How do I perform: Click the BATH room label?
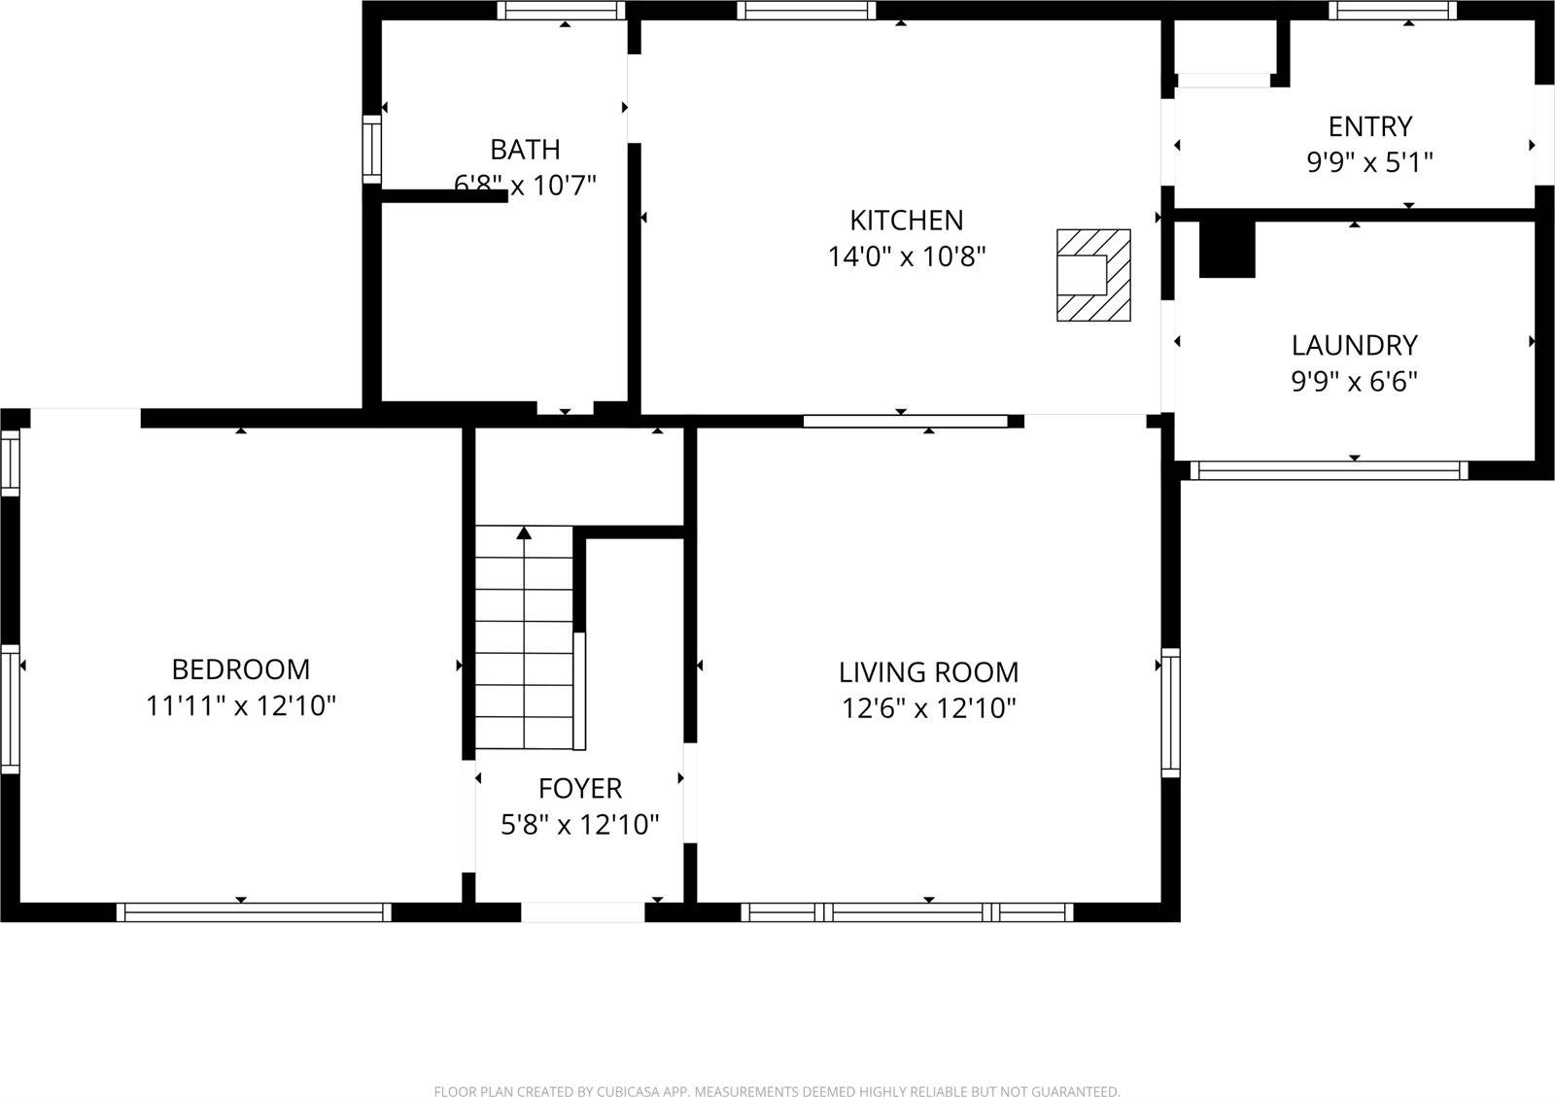pyautogui.click(x=525, y=150)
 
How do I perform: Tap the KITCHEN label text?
pyautogui.click(x=906, y=221)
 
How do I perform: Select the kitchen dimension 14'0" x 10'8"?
pyautogui.click(x=906, y=257)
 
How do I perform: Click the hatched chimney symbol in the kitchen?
pyautogui.click(x=1093, y=275)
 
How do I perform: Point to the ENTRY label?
pyautogui.click(x=1369, y=126)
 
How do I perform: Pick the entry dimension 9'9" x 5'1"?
pyautogui.click(x=1369, y=162)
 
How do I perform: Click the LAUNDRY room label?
pyautogui.click(x=1354, y=345)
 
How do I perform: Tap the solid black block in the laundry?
pyautogui.click(x=1227, y=249)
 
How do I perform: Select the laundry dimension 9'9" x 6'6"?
pyautogui.click(x=1354, y=381)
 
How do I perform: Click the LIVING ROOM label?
pyautogui.click(x=928, y=672)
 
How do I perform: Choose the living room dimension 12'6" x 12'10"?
pyautogui.click(x=928, y=708)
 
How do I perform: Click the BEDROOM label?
pyautogui.click(x=241, y=669)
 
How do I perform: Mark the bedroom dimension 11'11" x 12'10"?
pyautogui.click(x=241, y=705)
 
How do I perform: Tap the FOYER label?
pyautogui.click(x=580, y=788)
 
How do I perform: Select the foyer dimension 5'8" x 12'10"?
pyautogui.click(x=580, y=825)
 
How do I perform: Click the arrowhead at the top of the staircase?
pyautogui.click(x=524, y=532)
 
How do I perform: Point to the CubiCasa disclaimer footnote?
pyautogui.click(x=777, y=1091)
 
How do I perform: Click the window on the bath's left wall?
pyautogui.click(x=371, y=149)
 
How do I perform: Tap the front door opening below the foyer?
pyautogui.click(x=583, y=912)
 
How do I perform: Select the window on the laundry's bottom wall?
pyautogui.click(x=1329, y=470)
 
